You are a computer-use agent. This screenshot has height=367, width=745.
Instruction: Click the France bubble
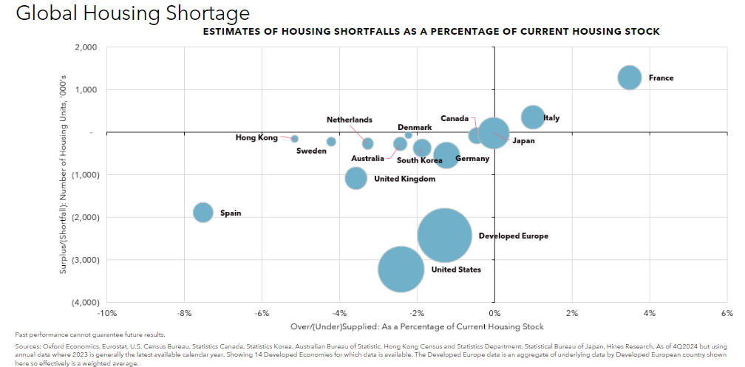[629, 78]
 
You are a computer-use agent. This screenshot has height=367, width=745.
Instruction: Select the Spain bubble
[203, 213]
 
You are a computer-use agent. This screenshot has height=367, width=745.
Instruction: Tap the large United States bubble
[401, 270]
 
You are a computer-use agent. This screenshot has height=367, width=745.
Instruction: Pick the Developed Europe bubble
[444, 236]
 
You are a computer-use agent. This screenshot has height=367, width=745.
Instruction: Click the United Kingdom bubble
[356, 178]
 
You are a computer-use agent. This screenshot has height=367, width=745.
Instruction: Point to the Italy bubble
[533, 117]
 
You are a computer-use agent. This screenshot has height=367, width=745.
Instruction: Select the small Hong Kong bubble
[294, 138]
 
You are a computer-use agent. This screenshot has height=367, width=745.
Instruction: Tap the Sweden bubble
[331, 141]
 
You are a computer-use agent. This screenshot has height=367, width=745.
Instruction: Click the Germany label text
[472, 159]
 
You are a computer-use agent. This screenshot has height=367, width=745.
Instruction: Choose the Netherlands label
[350, 120]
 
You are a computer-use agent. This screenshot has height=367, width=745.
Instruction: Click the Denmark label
[415, 128]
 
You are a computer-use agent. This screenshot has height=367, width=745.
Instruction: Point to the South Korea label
[420, 160]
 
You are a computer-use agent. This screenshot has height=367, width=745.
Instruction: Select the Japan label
[523, 140]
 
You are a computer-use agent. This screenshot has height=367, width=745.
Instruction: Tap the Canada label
[455, 118]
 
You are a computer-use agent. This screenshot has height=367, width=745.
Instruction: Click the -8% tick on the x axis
[184, 312]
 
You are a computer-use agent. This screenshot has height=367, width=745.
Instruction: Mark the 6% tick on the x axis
[727, 312]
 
